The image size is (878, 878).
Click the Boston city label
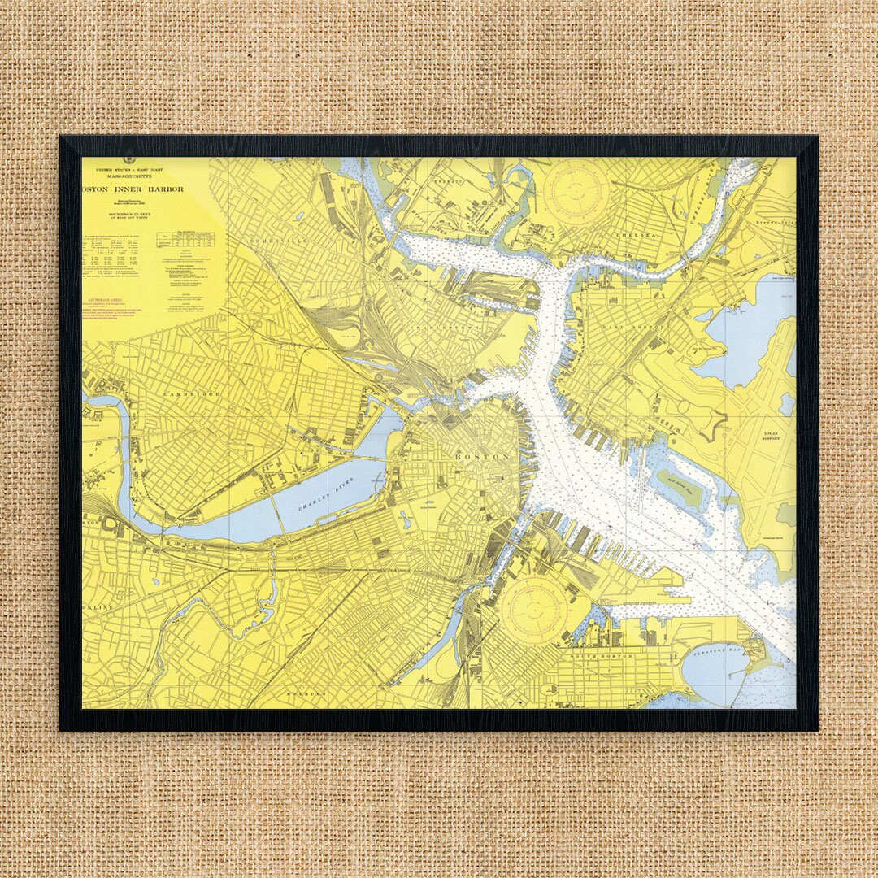pyautogui.click(x=482, y=457)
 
